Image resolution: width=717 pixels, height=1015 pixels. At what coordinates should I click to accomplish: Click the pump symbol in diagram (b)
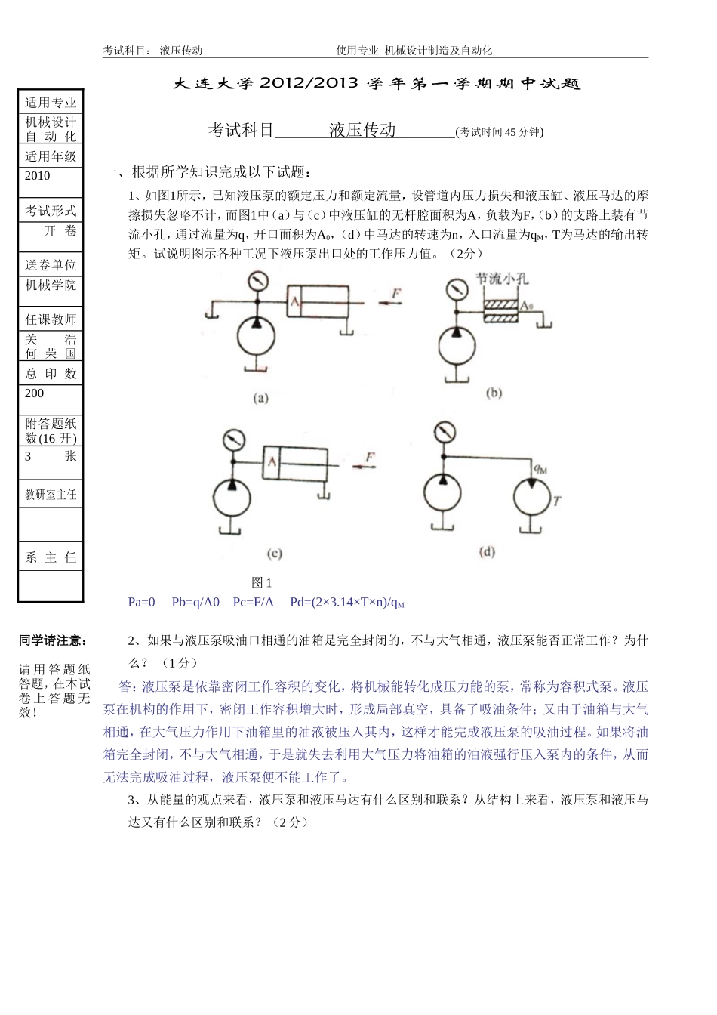point(456,348)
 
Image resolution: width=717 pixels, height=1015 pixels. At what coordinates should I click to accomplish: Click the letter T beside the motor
point(557,500)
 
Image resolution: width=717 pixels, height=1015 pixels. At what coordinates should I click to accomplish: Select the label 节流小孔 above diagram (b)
point(501,279)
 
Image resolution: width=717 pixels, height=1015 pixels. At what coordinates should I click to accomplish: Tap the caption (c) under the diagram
point(275,554)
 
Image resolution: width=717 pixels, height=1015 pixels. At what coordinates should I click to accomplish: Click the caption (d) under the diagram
point(487,552)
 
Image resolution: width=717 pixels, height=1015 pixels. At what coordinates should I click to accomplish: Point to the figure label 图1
point(261,582)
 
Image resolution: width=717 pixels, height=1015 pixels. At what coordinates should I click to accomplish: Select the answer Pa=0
point(141,602)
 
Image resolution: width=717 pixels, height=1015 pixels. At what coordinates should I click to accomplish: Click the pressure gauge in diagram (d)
point(446,433)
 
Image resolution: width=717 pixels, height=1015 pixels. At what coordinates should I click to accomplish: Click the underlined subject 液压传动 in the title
point(362,130)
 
